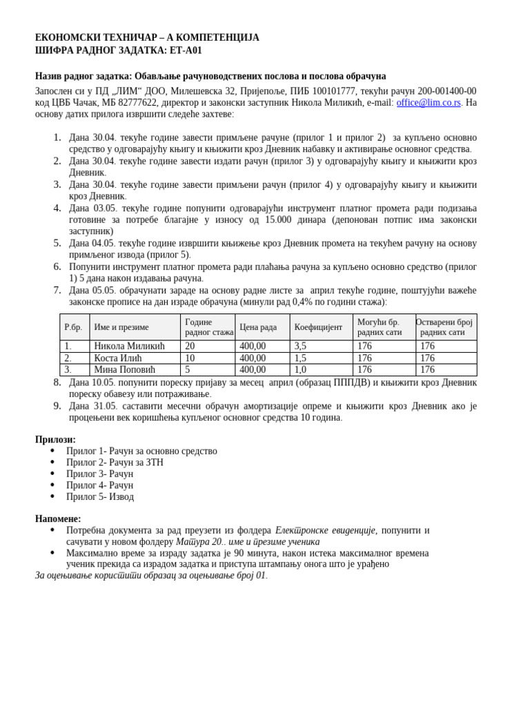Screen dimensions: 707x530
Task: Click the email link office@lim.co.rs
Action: coord(428,103)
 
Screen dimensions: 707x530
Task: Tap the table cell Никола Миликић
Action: coord(129,346)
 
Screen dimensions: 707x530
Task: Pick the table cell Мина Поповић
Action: coord(124,370)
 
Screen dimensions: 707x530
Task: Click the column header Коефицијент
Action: coord(317,327)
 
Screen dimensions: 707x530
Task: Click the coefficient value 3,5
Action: coord(300,346)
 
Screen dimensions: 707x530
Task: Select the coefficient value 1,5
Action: coord(300,358)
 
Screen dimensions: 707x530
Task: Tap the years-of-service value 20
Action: coord(190,346)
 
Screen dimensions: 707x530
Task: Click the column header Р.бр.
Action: coord(72,327)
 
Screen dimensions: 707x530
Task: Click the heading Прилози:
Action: coord(55,440)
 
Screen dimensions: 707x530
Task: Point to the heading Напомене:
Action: coord(58,519)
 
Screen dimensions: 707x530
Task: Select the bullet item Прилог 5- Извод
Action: coord(100,497)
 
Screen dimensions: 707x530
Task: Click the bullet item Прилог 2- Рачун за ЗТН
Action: coord(115,463)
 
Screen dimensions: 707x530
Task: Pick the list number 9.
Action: coord(57,406)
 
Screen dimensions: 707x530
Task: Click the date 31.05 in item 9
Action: coord(104,406)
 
